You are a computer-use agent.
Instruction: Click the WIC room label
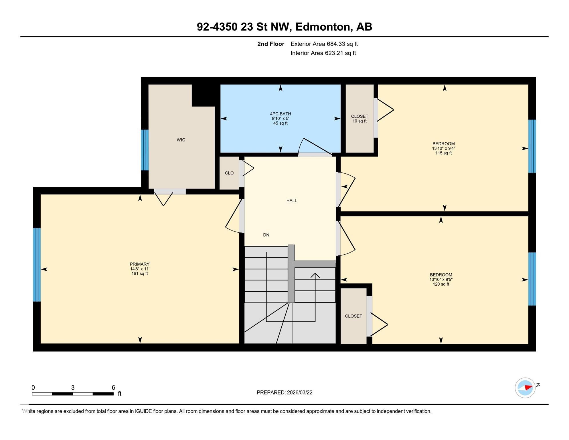click(x=181, y=140)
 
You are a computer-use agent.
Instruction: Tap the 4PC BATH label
click(x=280, y=114)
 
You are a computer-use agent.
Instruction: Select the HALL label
click(x=292, y=201)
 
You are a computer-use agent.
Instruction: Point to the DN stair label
click(x=266, y=235)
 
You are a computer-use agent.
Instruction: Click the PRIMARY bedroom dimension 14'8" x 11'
click(x=140, y=269)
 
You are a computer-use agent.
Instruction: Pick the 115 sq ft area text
click(x=444, y=153)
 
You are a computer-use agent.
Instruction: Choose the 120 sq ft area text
click(x=441, y=284)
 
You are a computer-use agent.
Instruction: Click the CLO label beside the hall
click(x=229, y=173)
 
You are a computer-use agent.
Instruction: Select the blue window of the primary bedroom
click(x=37, y=265)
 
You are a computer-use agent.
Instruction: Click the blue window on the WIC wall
click(x=145, y=150)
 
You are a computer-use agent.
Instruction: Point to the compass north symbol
click(x=525, y=388)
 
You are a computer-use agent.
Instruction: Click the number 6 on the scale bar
click(x=113, y=388)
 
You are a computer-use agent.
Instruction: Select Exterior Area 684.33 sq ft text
click(x=324, y=44)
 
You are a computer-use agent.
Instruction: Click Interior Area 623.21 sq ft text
click(x=323, y=53)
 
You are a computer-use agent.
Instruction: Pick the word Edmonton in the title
click(x=323, y=27)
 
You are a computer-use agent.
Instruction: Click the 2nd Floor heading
click(x=271, y=44)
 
